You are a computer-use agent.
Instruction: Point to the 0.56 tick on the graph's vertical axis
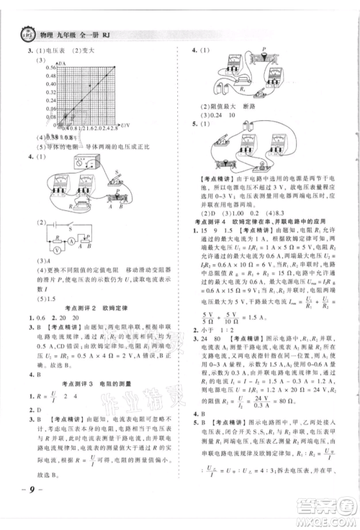(40, 68)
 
